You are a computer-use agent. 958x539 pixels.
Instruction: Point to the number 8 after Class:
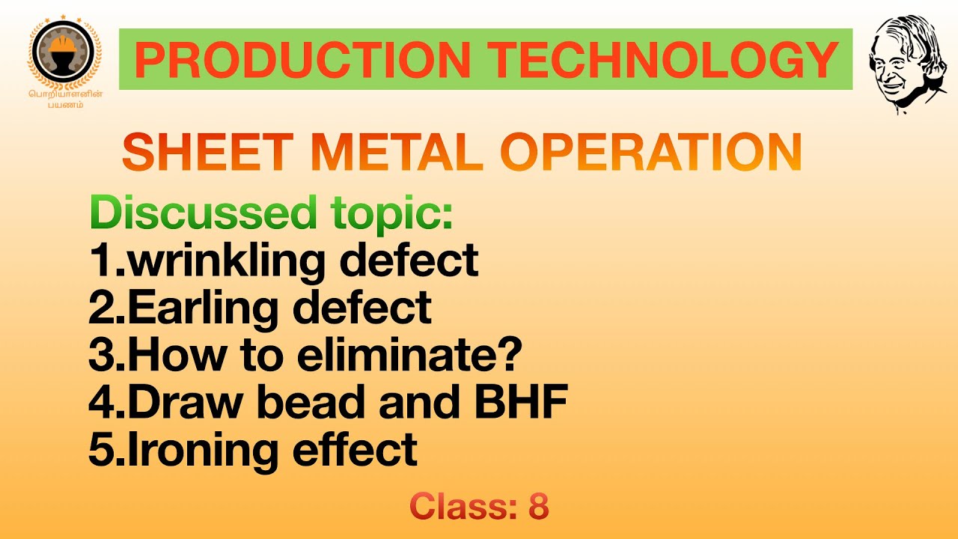(538, 507)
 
